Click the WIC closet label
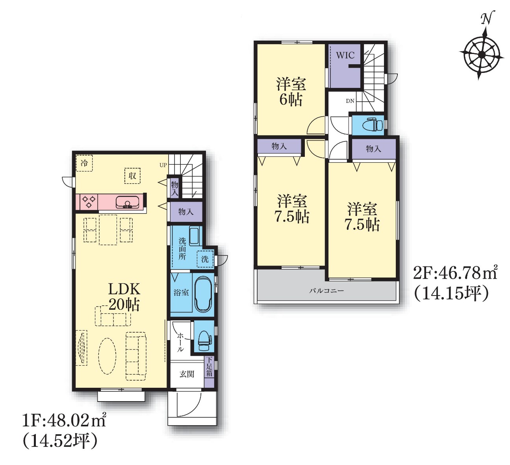345,55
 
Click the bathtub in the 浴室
203,294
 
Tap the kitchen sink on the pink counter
128,202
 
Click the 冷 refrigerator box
84,163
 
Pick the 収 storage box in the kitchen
132,176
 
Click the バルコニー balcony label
326,290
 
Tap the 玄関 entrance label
187,374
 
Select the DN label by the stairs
350,101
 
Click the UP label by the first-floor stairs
163,165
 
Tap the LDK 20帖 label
124,297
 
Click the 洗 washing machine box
205,259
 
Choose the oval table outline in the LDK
107,356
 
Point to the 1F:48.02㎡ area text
64,420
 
